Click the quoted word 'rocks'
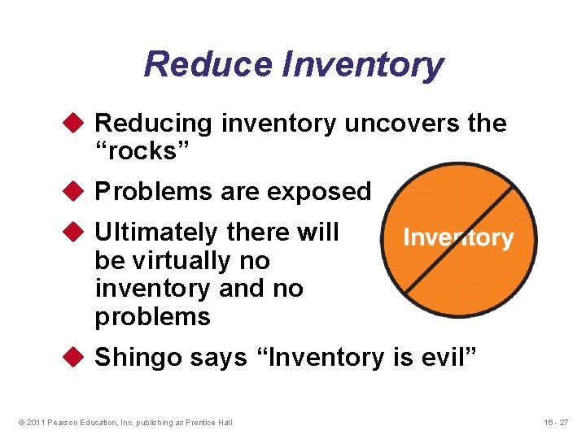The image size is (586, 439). [x=136, y=151]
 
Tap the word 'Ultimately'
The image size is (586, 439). [x=156, y=233]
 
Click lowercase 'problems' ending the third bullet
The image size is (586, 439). [x=152, y=317]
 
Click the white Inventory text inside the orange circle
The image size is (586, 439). [x=458, y=238]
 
